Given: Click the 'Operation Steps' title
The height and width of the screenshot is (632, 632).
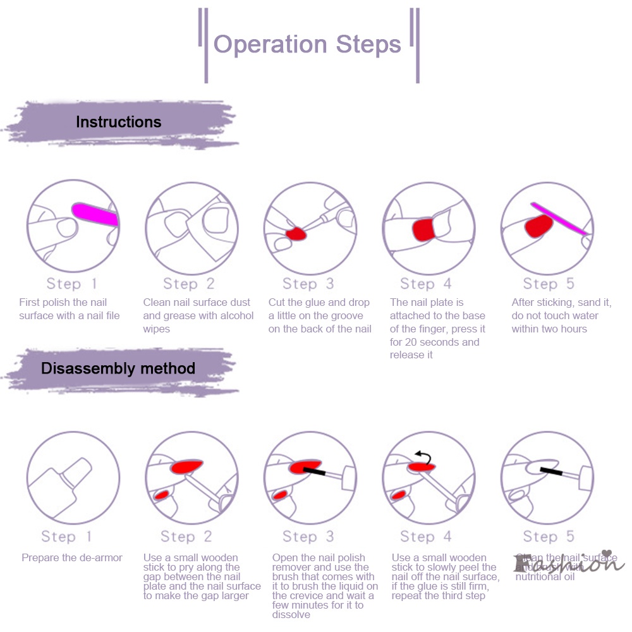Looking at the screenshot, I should click(x=308, y=44).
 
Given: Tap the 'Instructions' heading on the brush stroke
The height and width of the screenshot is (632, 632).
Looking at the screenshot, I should click(x=119, y=122).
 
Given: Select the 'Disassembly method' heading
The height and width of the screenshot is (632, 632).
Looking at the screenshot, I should click(x=118, y=368).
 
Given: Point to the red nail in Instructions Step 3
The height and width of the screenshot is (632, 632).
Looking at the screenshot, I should click(x=295, y=234).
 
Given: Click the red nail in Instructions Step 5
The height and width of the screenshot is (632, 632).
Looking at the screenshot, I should click(x=537, y=226).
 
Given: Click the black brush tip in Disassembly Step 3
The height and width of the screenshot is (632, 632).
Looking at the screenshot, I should click(x=314, y=471).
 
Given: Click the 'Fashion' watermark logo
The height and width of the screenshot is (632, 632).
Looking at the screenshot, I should click(x=569, y=562).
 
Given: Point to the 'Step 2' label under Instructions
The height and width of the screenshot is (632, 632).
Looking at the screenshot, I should click(x=189, y=284).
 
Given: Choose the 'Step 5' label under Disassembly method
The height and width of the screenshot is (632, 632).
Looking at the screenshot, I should click(x=549, y=537).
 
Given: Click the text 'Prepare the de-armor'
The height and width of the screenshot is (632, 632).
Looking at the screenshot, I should click(x=72, y=557).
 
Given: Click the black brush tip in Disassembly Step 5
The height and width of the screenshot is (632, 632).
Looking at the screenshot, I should click(x=551, y=471).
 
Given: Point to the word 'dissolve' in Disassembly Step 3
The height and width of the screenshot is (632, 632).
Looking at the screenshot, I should click(x=291, y=614).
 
